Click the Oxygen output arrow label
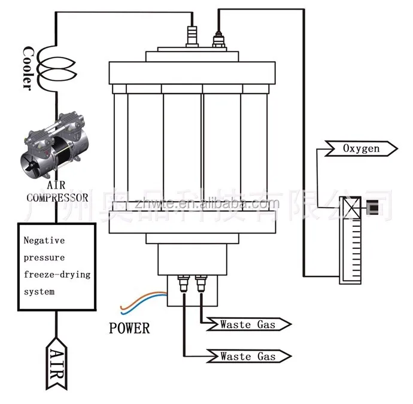pos(361,148)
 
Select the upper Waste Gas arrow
pos(248,324)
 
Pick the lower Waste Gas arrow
pos(248,356)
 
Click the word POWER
pos(129,328)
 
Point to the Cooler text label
pos(28,67)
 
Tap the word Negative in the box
pos(44,240)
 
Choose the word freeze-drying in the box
pos(57,275)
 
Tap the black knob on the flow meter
pos(373,208)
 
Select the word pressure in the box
pos(44,257)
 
